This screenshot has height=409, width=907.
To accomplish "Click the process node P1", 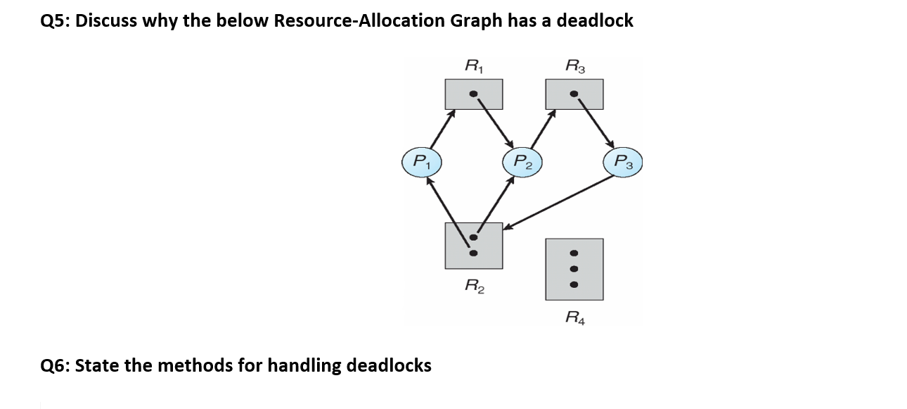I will coord(420,161).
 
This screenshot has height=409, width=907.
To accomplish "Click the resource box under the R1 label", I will coord(474,94).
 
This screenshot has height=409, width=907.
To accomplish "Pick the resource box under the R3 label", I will coord(574,94).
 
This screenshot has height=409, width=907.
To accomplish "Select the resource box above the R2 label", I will coord(474,246).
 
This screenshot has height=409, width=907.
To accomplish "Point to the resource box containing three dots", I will coord(574,268).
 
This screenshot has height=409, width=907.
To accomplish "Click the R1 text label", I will coord(474,67).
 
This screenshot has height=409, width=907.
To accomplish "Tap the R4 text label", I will coord(574,317).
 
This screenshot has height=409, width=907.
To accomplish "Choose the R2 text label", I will coord(474,285).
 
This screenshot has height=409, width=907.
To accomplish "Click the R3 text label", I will coord(574,67).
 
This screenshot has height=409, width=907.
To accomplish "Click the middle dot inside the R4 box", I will coord(574,268).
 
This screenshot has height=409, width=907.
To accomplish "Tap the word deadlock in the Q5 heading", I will coord(595,20).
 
